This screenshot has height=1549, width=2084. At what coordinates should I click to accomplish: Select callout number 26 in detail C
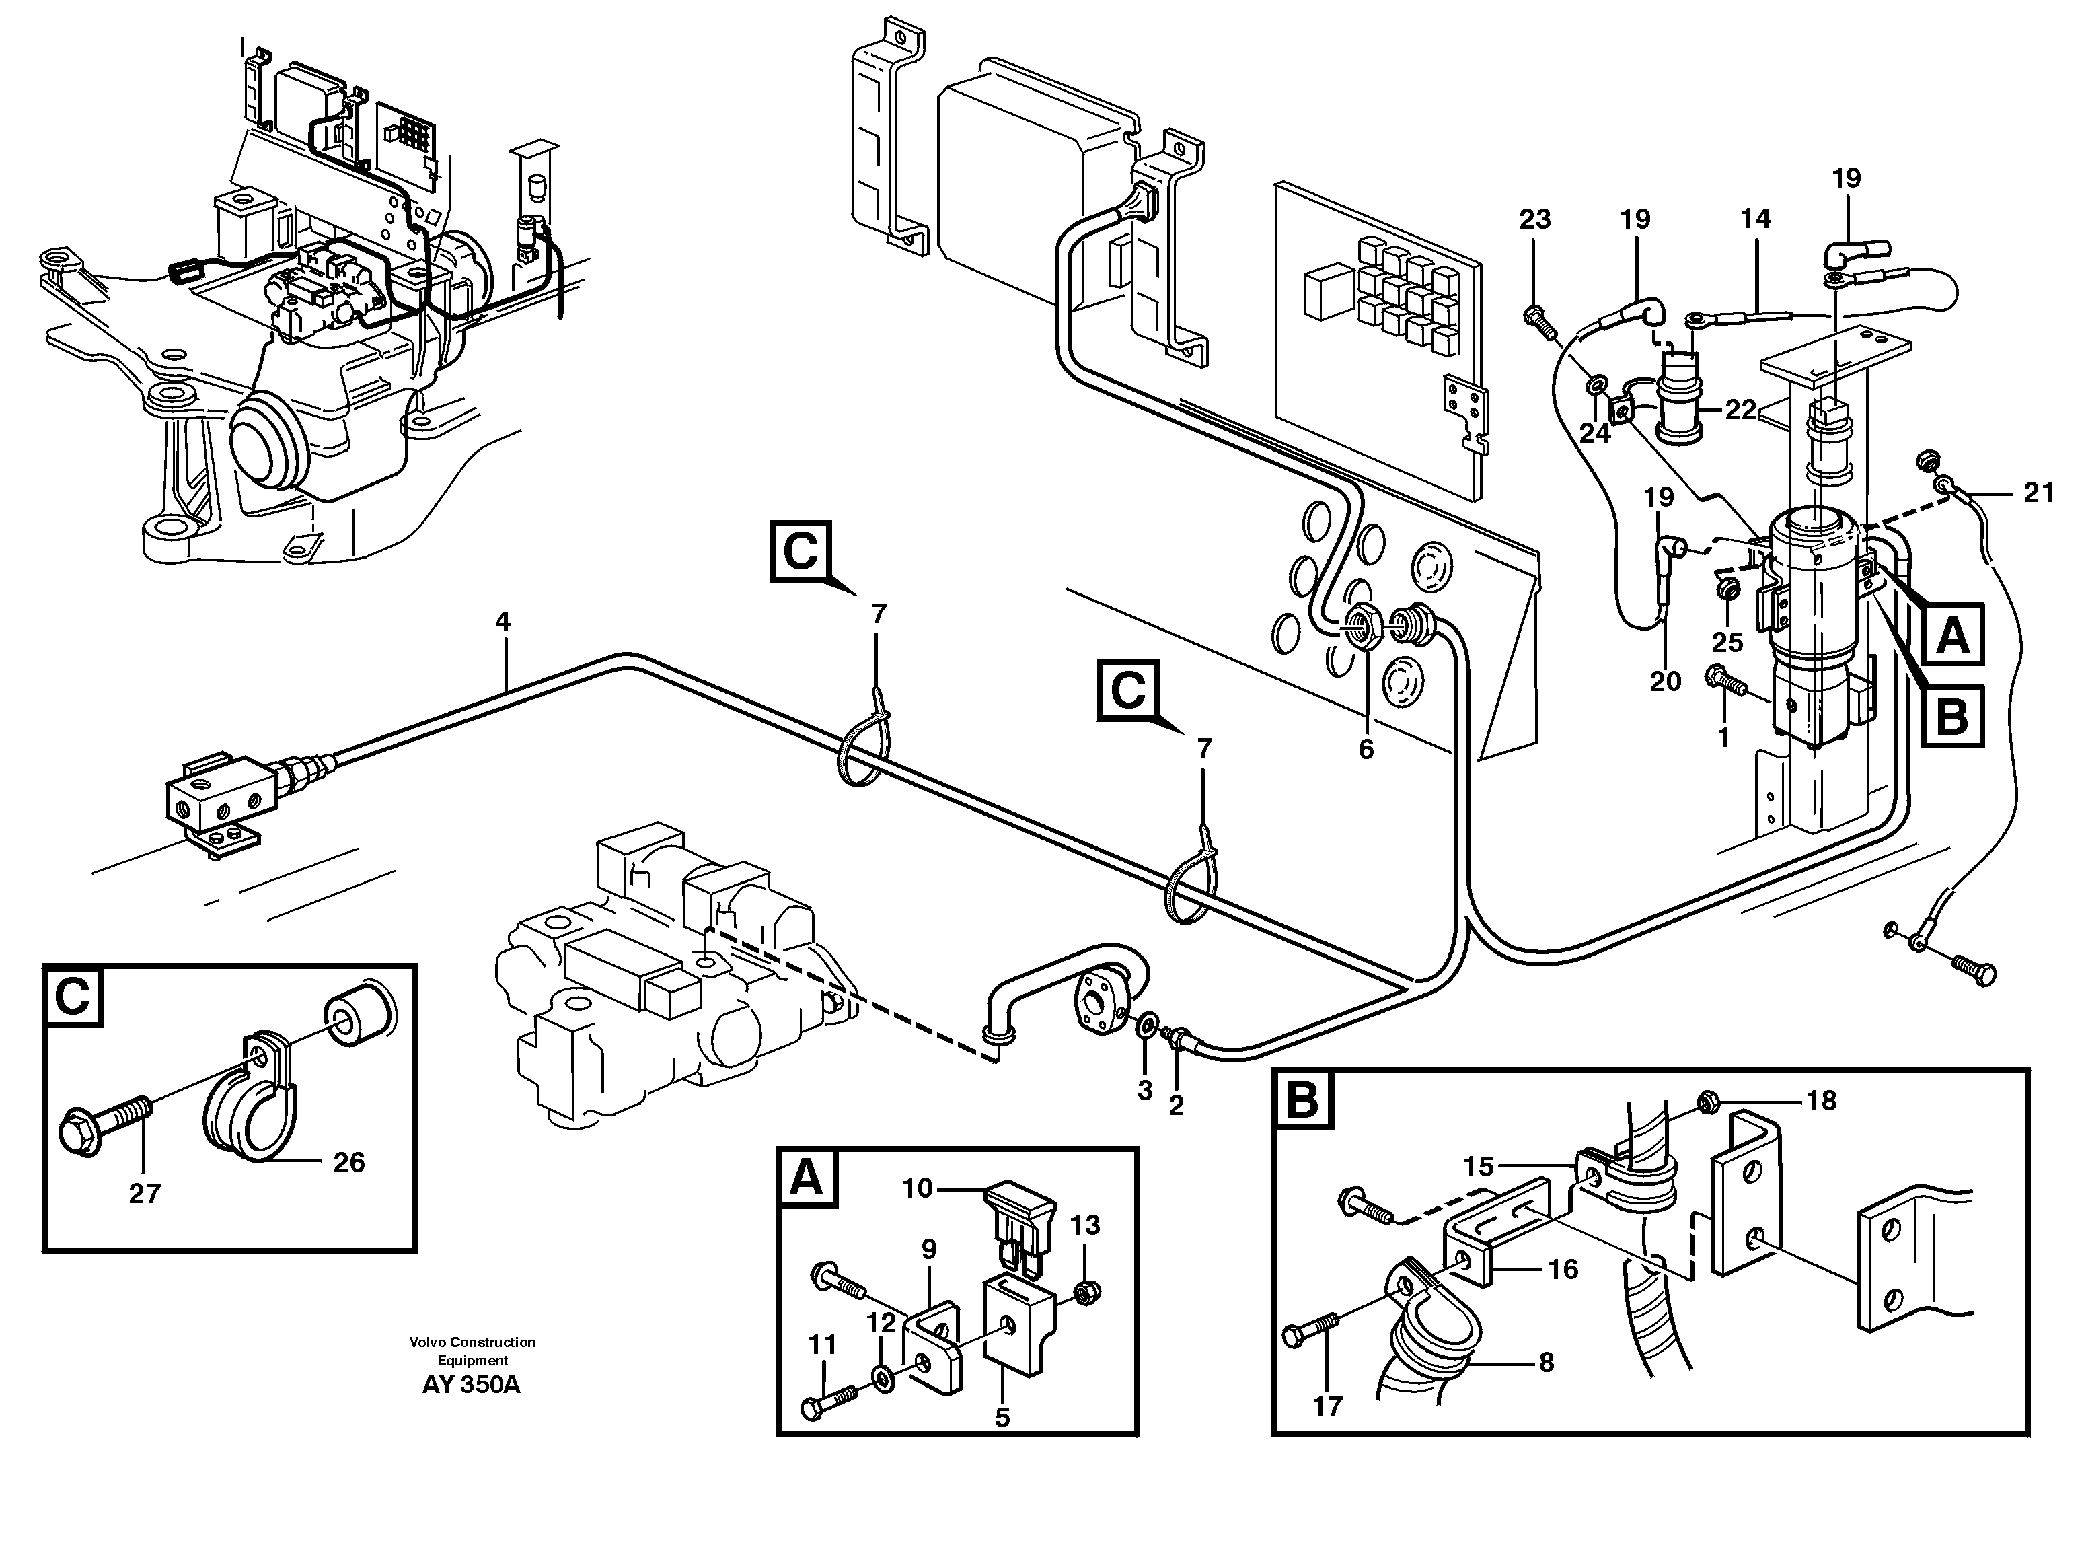pos(348,1163)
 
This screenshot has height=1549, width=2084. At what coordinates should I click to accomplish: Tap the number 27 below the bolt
pos(145,1194)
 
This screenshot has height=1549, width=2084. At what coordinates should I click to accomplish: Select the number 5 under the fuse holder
pos(1002,1418)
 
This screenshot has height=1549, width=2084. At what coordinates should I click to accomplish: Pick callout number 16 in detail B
pos(1563,1270)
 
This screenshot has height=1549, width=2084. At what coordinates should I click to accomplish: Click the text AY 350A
pos(471,1385)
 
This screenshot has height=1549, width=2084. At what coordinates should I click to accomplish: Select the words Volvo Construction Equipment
pos(472,1351)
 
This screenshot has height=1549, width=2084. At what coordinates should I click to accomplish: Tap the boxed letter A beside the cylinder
pos(1952,637)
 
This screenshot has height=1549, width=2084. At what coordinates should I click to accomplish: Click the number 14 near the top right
pos(1755,219)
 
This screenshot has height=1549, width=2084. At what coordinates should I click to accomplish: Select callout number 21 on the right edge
pos(2038,493)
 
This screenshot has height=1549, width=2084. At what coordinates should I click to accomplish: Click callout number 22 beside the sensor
pos(1740,410)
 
